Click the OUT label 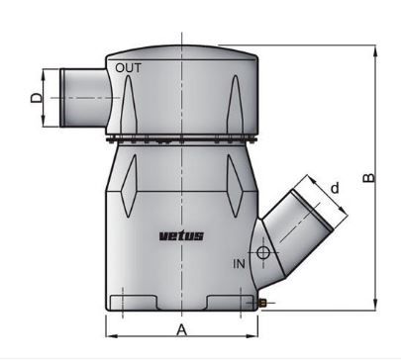128,68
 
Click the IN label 240,264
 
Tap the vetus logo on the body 181,236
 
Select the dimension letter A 181,330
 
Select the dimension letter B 368,178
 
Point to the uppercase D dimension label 37,98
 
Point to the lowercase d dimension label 335,188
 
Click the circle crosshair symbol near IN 263,253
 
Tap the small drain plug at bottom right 263,303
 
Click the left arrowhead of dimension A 112,336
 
